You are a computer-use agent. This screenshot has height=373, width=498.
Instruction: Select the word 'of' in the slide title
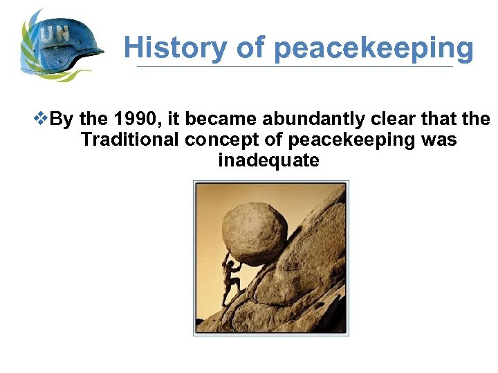pyautogui.click(x=250, y=48)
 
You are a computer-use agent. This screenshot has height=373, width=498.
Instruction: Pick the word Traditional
pyautogui.click(x=129, y=140)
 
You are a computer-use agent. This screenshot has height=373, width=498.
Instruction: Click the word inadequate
pyautogui.click(x=268, y=161)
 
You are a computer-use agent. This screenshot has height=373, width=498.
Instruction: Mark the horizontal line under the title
pyautogui.click(x=295, y=67)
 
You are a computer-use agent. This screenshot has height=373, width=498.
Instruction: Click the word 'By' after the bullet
pyautogui.click(x=62, y=119)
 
